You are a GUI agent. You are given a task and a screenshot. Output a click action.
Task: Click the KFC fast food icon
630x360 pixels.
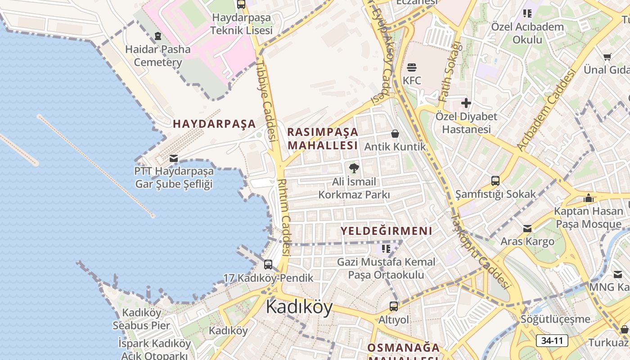point(412,68)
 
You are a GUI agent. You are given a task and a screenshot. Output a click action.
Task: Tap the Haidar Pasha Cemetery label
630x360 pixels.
point(158,55)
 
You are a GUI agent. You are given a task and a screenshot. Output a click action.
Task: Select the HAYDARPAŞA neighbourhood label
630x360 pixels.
point(214,124)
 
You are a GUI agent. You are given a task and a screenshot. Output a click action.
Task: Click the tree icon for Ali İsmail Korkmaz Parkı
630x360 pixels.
point(354,168)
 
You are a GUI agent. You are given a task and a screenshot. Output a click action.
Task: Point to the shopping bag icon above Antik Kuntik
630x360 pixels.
point(395,134)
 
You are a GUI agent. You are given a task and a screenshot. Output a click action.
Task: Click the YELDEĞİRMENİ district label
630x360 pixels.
point(386,231)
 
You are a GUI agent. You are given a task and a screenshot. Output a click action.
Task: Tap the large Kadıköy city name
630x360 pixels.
point(299,307)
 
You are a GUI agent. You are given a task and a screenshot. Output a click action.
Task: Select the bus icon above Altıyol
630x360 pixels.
point(394,306)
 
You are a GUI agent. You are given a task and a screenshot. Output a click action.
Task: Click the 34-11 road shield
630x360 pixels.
point(552,341)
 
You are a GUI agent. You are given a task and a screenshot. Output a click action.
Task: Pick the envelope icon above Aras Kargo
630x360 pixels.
point(527,229)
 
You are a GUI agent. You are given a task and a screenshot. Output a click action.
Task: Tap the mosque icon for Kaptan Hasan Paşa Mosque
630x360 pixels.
point(588,198)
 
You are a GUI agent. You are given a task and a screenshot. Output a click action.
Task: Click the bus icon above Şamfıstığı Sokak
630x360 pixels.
point(495,181)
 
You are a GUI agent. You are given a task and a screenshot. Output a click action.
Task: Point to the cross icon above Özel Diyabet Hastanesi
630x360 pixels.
point(466,103)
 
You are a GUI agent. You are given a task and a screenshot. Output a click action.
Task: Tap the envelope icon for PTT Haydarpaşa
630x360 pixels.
point(174,158)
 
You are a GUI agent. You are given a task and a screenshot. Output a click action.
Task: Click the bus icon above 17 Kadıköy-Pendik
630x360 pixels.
point(268,265)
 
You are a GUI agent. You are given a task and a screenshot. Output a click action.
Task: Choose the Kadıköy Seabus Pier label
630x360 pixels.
point(141,319)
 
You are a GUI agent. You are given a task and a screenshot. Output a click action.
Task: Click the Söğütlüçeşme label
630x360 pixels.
point(555,319)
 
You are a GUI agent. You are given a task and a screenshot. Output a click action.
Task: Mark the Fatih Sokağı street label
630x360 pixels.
point(450,72)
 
